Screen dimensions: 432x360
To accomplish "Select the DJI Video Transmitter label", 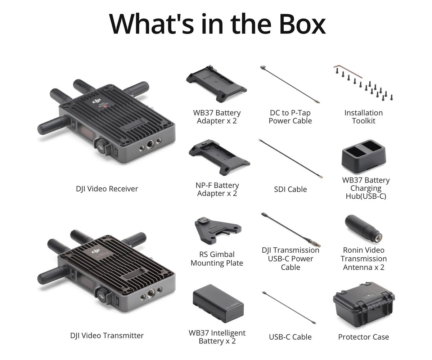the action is [107, 336].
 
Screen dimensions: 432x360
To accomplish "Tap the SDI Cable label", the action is [290, 189].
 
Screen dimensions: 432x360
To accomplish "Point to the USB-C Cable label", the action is [290, 337].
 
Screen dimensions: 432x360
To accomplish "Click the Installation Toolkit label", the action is [363, 117].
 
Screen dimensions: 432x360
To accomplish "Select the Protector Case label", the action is [364, 337].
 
